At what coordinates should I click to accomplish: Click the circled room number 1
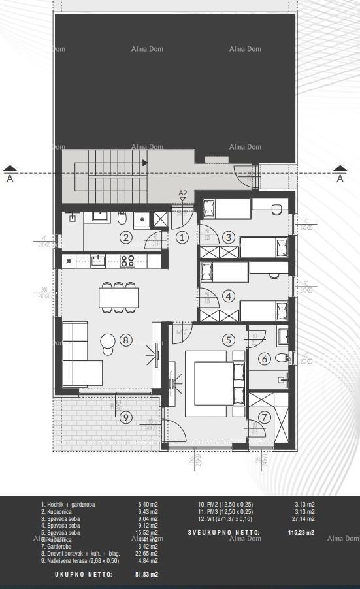tap(182, 238)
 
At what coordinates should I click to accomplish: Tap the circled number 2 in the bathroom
tap(125, 238)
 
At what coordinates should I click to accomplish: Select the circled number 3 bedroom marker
tap(228, 238)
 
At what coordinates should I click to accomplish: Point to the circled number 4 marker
tap(228, 296)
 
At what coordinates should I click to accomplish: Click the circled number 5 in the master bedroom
tap(228, 340)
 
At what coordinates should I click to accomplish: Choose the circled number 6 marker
tap(265, 358)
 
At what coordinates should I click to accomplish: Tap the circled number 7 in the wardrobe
tap(264, 417)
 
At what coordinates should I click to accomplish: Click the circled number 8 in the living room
tap(126, 340)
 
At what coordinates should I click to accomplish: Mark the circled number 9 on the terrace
tap(126, 416)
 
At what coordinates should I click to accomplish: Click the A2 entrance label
tap(183, 193)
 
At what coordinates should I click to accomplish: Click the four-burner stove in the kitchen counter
tap(128, 261)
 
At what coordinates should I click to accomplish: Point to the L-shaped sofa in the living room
tap(82, 356)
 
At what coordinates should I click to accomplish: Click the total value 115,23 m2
tap(301, 533)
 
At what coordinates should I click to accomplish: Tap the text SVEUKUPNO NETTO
tap(223, 533)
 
